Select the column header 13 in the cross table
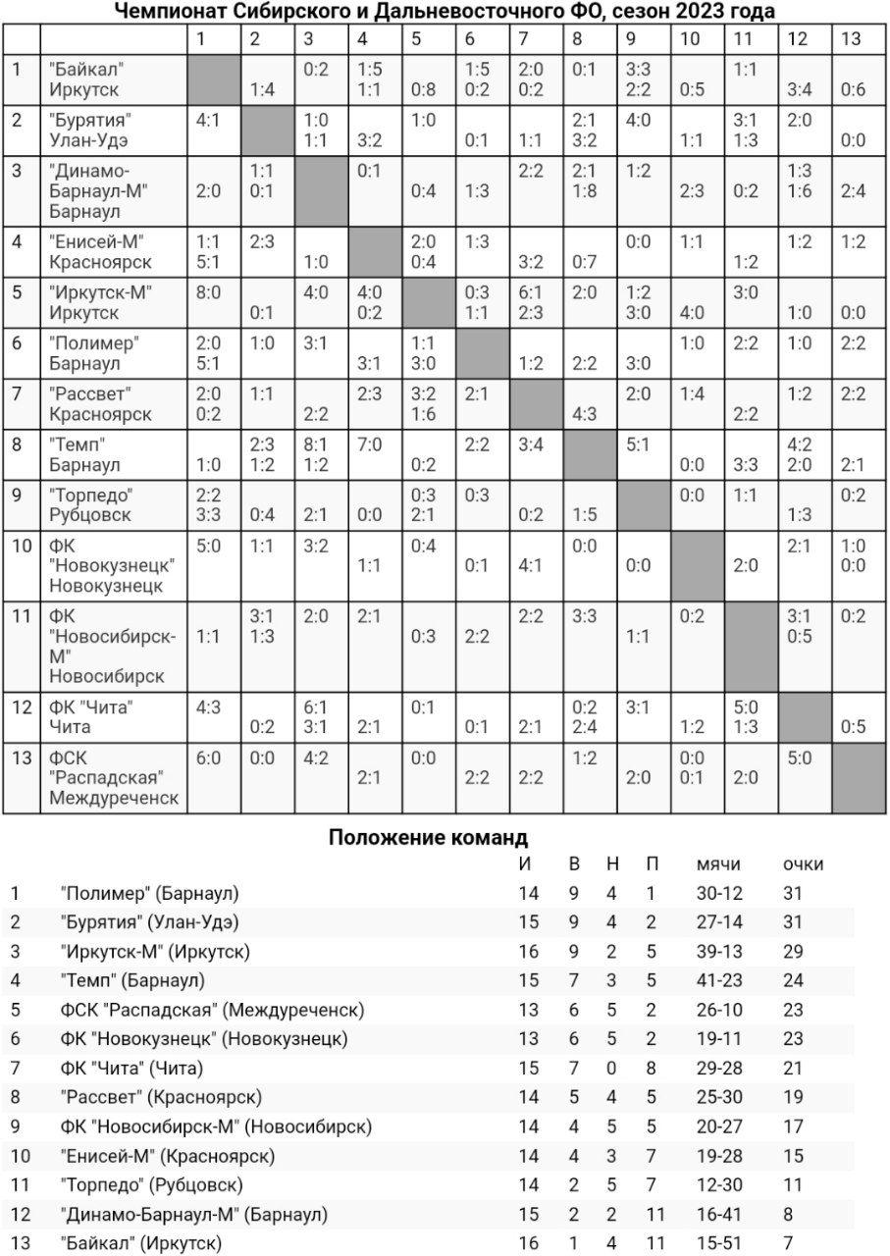(851, 38)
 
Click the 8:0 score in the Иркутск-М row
(208, 291)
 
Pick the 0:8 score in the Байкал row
(423, 90)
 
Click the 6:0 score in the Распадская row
(208, 758)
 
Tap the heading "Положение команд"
(428, 837)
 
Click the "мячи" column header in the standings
(718, 864)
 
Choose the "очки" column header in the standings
(803, 864)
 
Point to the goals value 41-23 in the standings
(720, 980)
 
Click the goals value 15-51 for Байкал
(720, 1244)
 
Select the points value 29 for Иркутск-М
(793, 951)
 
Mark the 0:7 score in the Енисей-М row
(584, 261)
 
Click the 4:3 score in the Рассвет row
(584, 413)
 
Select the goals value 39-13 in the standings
(720, 951)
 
